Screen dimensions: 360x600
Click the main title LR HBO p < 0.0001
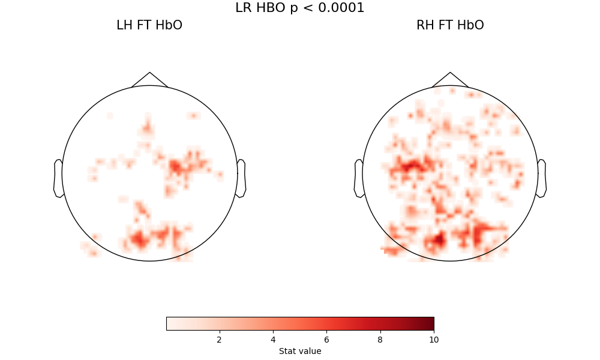[299, 8]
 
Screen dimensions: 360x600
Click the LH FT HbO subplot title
[149, 25]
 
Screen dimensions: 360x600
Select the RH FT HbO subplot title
[450, 25]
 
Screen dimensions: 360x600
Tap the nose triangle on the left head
[149, 80]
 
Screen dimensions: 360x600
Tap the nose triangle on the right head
[450, 80]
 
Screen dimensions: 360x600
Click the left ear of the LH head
[58, 178]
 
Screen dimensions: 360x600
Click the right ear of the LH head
[241, 178]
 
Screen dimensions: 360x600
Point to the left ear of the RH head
[359, 178]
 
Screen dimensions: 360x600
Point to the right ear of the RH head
[542, 178]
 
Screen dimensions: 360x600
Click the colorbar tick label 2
[219, 340]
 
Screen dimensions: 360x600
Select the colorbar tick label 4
[273, 340]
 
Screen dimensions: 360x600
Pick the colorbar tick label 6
[326, 340]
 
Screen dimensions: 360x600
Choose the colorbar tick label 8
[380, 340]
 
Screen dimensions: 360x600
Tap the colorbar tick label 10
[434, 340]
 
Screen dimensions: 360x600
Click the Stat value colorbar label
[300, 351]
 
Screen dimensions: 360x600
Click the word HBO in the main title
[269, 8]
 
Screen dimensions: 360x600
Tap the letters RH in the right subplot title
[425, 25]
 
